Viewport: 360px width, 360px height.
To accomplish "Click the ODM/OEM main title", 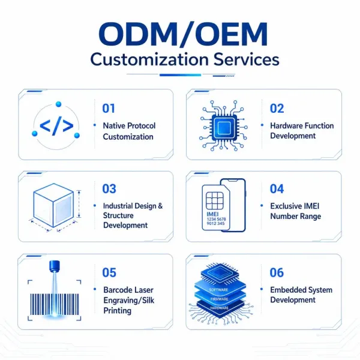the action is [183, 34].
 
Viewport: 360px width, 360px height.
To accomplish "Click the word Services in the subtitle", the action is [247, 59].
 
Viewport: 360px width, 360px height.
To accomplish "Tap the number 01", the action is [109, 109].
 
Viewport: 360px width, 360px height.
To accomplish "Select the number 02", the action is [277, 109].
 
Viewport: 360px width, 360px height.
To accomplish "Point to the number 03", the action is [109, 189].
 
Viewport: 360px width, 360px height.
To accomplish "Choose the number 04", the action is [277, 189].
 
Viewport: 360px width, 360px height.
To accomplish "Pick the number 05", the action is [109, 272].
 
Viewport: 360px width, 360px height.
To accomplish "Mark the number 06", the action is [277, 272].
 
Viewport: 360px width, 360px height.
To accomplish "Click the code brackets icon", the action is [56, 125].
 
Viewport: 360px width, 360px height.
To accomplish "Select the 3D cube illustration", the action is [53, 205].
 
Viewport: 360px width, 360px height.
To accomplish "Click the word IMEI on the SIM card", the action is [212, 214].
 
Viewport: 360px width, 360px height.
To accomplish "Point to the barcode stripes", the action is [55, 304].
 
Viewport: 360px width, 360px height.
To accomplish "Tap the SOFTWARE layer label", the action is [218, 290].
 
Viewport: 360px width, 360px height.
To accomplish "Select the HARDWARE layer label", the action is [219, 308].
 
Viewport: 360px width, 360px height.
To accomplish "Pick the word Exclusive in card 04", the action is [283, 206].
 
